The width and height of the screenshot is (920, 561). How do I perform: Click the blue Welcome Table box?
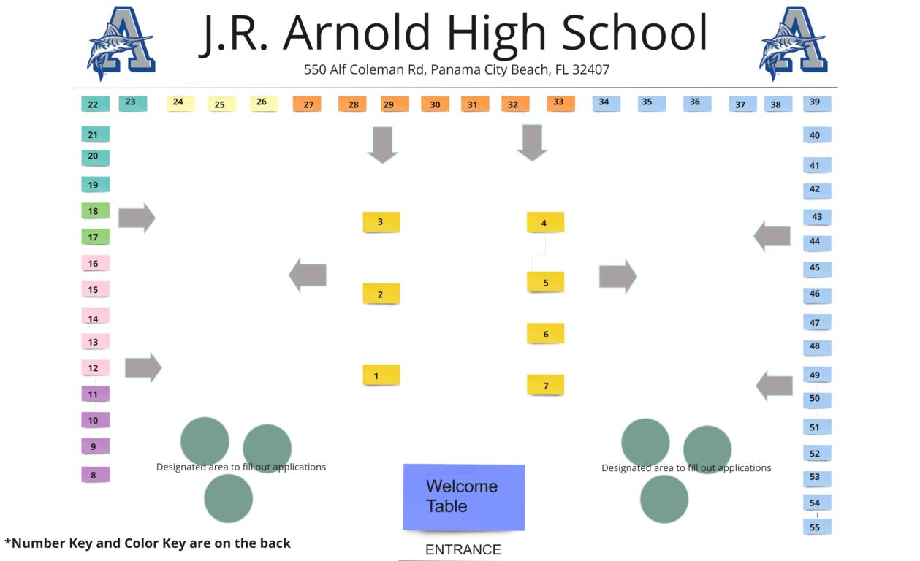464,497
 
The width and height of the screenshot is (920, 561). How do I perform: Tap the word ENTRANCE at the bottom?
463,550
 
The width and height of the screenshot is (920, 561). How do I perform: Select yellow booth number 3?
381,222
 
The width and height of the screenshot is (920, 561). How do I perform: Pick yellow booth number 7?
545,385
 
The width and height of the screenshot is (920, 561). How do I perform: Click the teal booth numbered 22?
94,104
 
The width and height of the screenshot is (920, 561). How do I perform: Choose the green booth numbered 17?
94,237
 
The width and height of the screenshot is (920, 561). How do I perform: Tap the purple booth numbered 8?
94,475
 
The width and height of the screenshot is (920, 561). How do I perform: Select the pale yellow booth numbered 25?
221,104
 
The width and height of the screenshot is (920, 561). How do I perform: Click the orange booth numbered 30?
435,104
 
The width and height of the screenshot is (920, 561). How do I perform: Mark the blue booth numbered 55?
816,527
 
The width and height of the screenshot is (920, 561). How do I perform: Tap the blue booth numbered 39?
816,103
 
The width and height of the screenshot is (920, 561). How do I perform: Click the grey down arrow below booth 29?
382,144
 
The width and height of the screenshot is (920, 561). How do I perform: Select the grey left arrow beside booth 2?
308,275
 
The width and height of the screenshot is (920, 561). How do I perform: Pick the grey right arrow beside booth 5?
617,276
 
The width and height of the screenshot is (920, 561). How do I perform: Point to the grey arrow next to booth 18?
137,218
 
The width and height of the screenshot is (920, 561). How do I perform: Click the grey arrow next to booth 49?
774,385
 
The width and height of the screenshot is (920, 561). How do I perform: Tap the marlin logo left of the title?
121,42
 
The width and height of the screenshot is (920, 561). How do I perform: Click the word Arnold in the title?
356,33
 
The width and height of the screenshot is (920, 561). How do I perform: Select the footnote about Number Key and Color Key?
148,543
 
